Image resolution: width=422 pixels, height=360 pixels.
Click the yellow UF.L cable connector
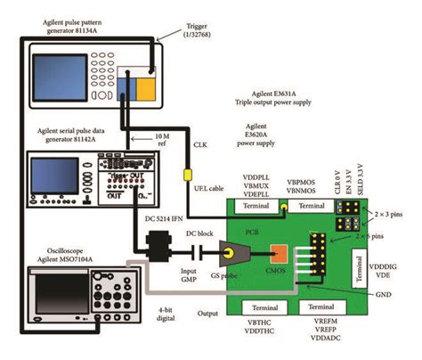pyautogui.click(x=188, y=174)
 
